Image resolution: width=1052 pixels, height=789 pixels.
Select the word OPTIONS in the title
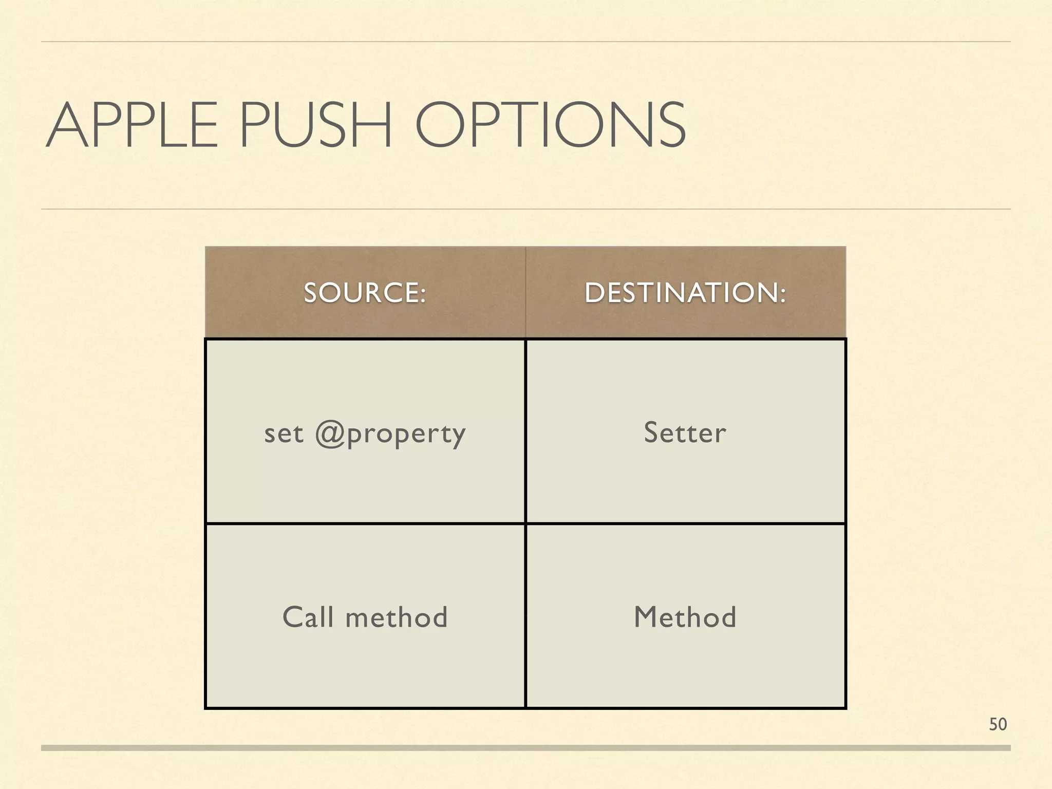tap(550, 126)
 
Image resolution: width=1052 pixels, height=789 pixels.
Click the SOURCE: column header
tap(365, 293)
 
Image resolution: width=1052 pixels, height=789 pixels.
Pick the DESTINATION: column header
tap(685, 293)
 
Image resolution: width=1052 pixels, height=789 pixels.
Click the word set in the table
tap(284, 434)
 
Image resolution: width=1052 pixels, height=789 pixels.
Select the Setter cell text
tap(685, 433)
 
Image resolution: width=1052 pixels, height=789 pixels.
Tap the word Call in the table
tap(308, 617)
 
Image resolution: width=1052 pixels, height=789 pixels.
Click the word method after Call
tap(397, 617)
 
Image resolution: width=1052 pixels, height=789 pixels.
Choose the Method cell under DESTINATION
tap(685, 617)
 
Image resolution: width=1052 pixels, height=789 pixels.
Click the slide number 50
tap(998, 724)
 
